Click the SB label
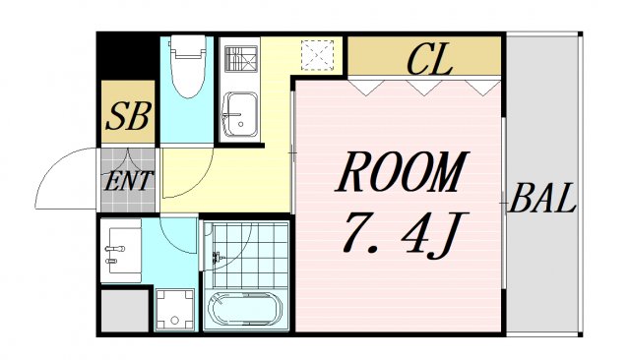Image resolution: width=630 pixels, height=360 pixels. [128, 117]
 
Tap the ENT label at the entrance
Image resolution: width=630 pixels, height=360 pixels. [129, 181]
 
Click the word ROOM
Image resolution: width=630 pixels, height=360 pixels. [401, 174]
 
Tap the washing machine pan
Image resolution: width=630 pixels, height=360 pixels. [176, 311]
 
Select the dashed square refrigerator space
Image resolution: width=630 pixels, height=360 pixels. [318, 56]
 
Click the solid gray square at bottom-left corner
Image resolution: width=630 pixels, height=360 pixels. [123, 312]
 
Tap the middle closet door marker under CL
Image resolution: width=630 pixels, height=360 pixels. [426, 89]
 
